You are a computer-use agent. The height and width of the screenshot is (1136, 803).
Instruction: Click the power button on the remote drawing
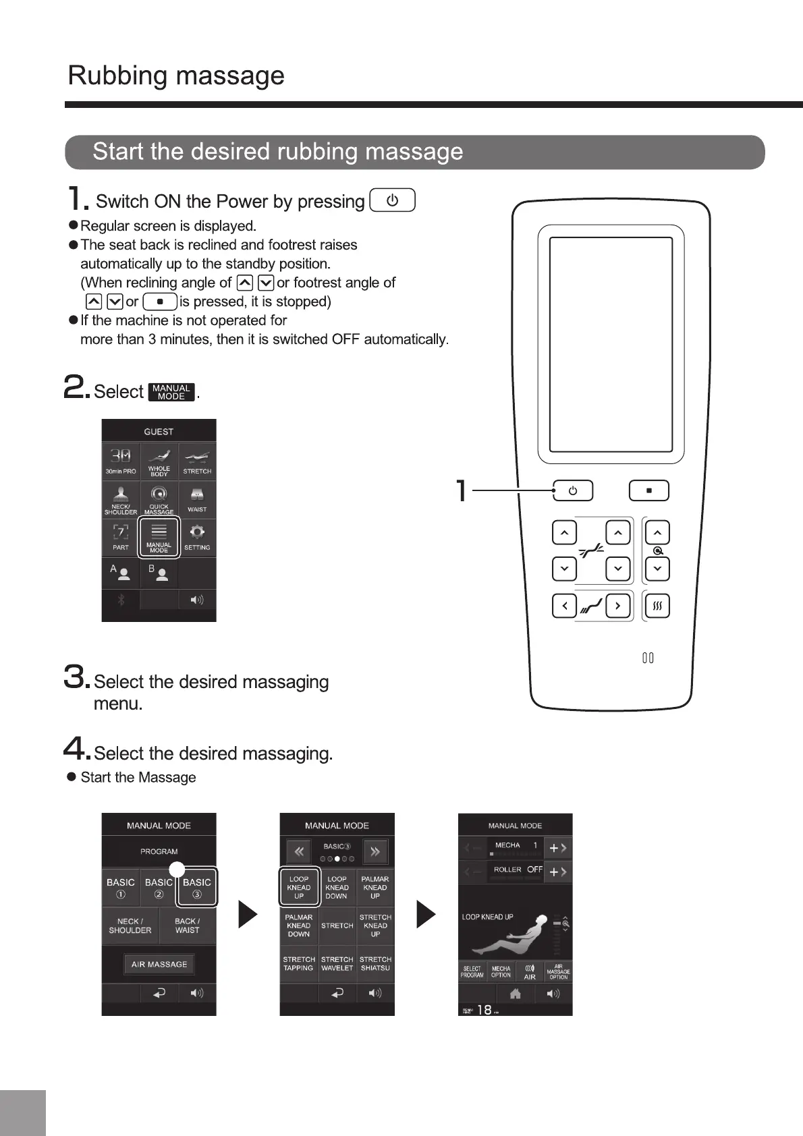point(572,490)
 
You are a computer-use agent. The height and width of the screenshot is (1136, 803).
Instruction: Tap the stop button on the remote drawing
point(648,490)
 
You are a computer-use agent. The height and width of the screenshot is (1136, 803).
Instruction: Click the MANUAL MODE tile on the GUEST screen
point(159,537)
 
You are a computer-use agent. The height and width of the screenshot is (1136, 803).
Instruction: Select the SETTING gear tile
point(197,537)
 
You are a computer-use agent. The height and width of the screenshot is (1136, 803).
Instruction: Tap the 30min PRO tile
point(121,461)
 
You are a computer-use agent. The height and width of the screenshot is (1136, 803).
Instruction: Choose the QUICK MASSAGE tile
point(159,499)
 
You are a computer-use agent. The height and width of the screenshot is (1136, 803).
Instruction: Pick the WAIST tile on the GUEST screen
point(197,499)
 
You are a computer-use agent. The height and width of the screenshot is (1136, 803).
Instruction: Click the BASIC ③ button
point(197,887)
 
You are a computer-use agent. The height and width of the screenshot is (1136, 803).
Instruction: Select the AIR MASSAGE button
point(159,964)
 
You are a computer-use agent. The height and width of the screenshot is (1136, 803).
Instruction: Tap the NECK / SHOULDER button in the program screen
point(130,926)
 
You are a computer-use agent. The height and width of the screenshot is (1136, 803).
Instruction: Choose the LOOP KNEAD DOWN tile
point(337,887)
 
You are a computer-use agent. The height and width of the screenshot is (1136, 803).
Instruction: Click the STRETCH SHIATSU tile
point(375,963)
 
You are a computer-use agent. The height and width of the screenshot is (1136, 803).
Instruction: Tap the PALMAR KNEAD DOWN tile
point(299,926)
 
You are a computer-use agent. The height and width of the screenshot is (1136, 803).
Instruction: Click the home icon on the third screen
point(515,993)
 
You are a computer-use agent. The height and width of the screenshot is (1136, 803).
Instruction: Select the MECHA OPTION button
point(501,971)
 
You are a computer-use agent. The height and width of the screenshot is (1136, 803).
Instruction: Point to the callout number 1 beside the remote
point(462,490)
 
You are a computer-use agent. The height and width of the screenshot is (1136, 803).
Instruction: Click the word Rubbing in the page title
point(117,76)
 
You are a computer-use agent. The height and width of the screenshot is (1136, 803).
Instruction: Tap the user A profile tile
point(121,573)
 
